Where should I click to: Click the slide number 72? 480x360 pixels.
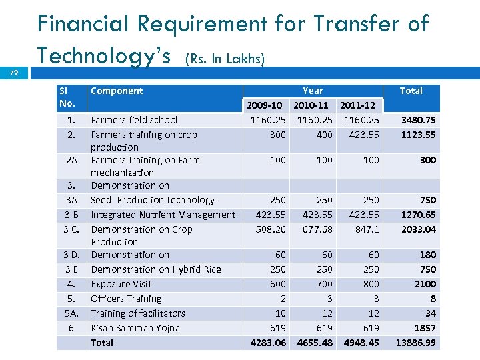pos(14,73)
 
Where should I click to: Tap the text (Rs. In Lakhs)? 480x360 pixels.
pos(225,59)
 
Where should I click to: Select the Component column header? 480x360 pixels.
pos(117,91)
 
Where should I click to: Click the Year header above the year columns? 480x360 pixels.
pos(313,91)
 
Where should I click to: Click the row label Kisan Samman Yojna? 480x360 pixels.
pos(135,328)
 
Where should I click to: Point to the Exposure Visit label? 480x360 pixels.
pos(121,284)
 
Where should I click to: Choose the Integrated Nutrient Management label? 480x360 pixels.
pos(163,215)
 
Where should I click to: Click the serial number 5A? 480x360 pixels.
pos(71,313)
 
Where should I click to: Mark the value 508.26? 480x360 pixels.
pos(271,229)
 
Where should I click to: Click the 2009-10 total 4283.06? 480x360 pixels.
pos(268,343)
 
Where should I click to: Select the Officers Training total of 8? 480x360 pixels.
pos(433,299)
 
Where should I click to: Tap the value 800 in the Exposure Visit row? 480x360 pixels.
pos(371,284)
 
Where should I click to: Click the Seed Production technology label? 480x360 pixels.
pos(153,200)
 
